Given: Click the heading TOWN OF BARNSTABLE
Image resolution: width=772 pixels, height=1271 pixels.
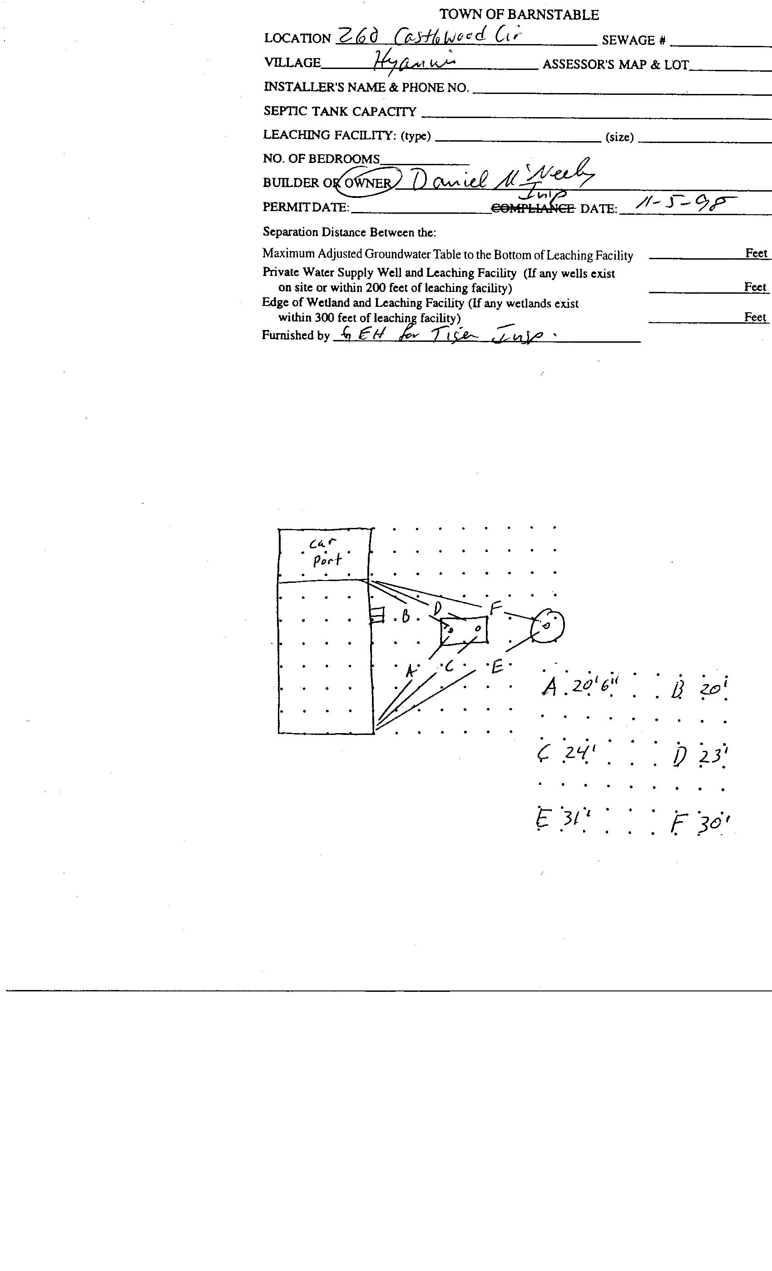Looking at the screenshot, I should pos(519,15).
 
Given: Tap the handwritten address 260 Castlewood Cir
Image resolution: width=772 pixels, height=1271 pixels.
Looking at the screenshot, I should pos(428,36).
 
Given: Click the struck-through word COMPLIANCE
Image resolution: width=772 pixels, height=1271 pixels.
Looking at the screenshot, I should pos(533,208).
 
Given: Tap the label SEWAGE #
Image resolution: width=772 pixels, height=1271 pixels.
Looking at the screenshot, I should pos(633,40).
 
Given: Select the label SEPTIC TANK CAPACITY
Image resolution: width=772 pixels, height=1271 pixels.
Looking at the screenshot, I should pos(340,111).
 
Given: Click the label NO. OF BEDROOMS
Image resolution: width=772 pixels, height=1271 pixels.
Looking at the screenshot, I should pos(321,159).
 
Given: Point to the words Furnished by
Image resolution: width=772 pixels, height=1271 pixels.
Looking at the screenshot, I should pos(295,335).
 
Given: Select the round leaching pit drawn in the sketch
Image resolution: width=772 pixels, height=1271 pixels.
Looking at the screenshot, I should pos(548,626).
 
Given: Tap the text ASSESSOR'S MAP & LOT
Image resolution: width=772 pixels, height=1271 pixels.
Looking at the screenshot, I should pos(615,65).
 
